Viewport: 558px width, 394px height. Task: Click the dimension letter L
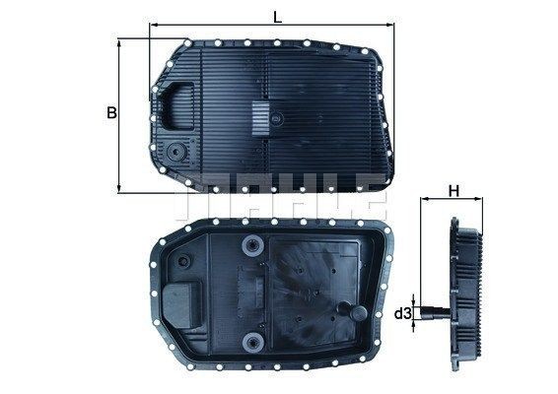point(278,15)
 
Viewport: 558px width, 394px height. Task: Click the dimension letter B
point(112,113)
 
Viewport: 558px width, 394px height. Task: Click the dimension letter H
point(453,188)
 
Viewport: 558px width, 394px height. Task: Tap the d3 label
point(403,314)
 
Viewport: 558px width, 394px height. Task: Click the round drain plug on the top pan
point(175,154)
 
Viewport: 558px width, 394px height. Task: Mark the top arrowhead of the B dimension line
point(120,41)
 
